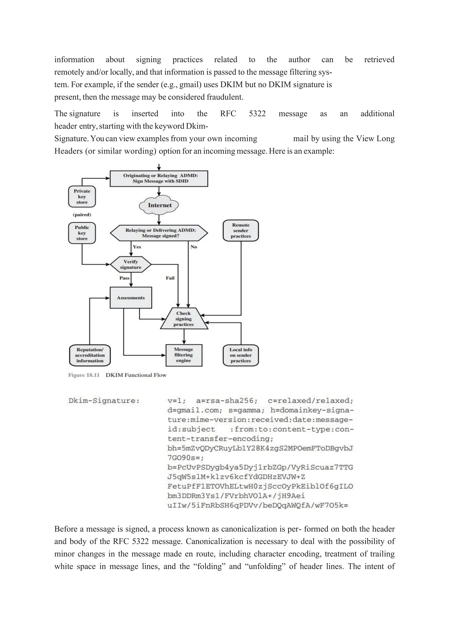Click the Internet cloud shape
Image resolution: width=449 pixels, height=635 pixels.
159,205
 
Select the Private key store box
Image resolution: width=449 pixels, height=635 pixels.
82,197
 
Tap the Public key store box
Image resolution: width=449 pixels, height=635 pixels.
82,233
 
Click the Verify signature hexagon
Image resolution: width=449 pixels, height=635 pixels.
130,264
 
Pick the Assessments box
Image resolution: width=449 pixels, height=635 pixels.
131,298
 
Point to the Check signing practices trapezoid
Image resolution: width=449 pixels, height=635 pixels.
184,319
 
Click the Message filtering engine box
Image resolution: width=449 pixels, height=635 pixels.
184,355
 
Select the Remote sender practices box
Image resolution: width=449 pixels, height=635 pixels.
241,231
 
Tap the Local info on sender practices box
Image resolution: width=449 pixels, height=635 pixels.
241,355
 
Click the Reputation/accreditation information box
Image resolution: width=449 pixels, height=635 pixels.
90,355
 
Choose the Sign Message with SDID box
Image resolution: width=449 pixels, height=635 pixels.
159,178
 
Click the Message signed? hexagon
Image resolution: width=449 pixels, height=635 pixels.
159,233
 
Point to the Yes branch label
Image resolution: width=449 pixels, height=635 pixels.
137,247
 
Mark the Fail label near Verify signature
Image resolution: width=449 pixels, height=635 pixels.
170,278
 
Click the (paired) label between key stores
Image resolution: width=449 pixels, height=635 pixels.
82,215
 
